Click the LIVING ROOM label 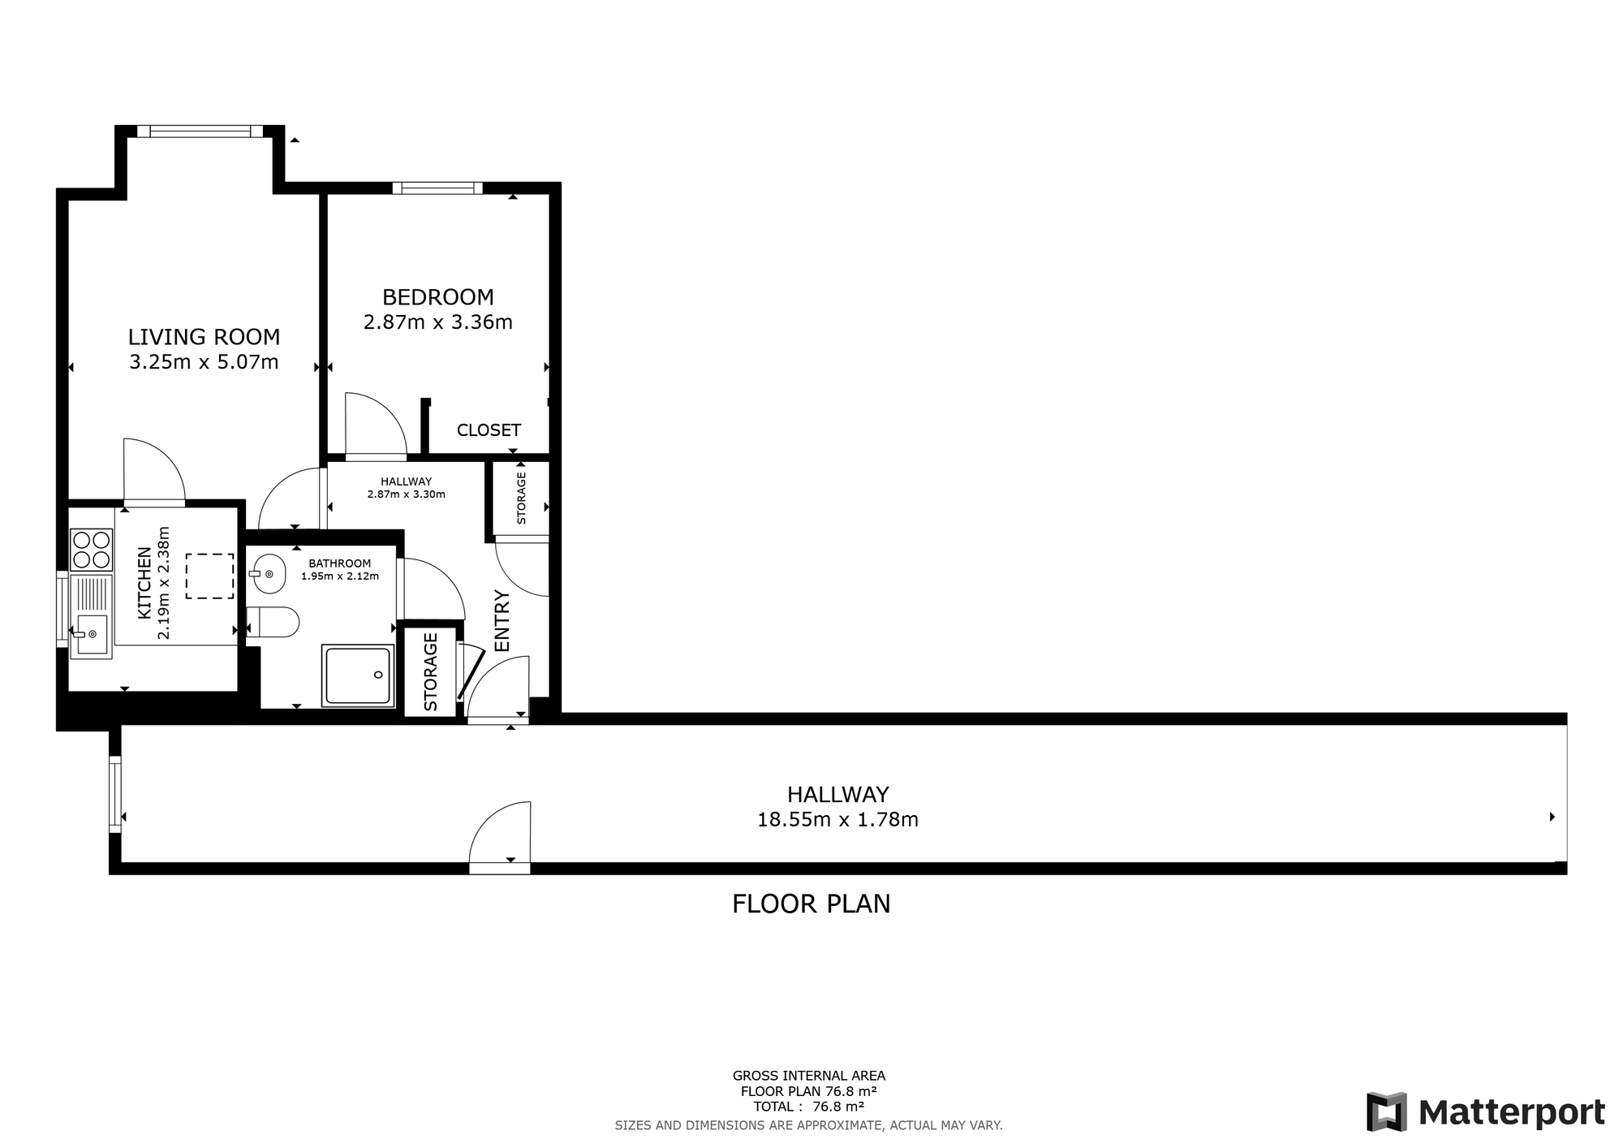[x=204, y=336]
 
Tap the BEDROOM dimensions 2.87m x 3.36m [x=437, y=322]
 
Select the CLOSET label [x=489, y=429]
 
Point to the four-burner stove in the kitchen [x=91, y=550]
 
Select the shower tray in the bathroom [x=358, y=675]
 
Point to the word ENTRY [x=502, y=620]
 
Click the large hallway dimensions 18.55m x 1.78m [x=837, y=820]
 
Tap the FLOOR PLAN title [x=811, y=904]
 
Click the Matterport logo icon [x=1386, y=1111]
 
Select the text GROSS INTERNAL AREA [x=808, y=1076]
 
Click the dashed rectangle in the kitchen [x=209, y=576]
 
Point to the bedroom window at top [x=437, y=188]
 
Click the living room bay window [x=200, y=132]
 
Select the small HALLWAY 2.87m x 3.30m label [x=406, y=487]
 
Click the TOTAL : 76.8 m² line [x=808, y=1106]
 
